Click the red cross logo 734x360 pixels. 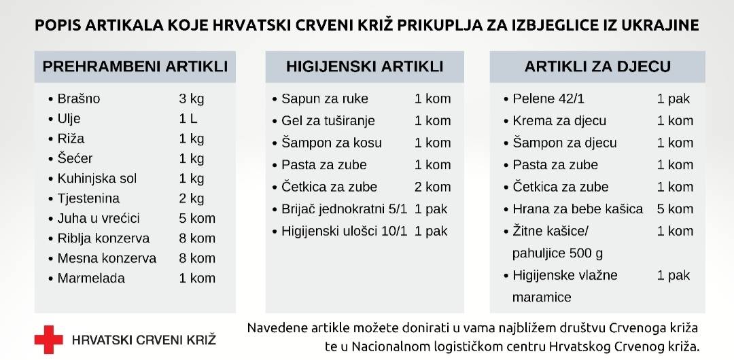tap(48, 339)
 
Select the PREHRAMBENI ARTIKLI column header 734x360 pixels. tap(135, 67)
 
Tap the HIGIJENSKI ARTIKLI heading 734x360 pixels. tap(364, 67)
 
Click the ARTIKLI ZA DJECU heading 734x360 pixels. tap(597, 67)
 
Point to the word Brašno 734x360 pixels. tap(79, 99)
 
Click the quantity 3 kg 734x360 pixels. tap(191, 99)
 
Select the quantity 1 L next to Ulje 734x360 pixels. tap(188, 119)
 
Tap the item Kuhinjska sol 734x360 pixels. tap(97, 179)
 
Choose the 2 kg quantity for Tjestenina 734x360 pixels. tap(191, 198)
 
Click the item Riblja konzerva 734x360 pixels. tap(103, 238)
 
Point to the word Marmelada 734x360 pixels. tap(91, 278)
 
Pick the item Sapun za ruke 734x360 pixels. tap(325, 99)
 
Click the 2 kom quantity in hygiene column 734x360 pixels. tap(432, 187)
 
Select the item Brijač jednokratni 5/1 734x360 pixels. tap(345, 209)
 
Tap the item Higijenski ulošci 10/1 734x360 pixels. tap(345, 231)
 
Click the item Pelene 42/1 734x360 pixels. tap(548, 99)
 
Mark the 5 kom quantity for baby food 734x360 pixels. tap(675, 209)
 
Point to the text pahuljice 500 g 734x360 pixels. tap(557, 253)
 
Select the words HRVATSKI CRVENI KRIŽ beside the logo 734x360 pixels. tap(143, 339)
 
